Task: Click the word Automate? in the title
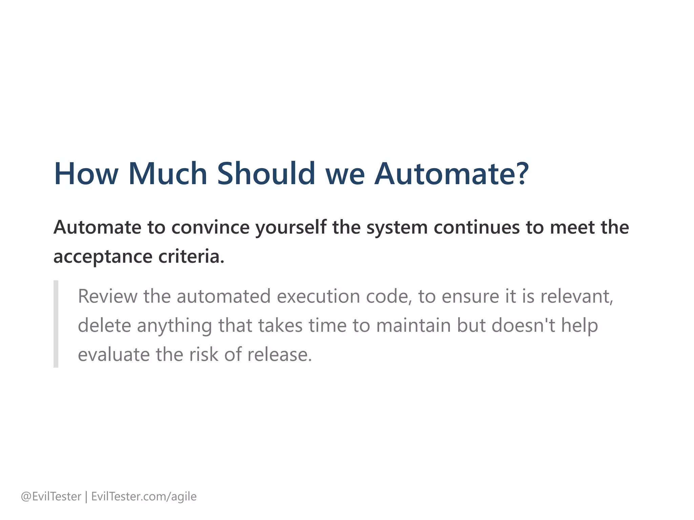click(451, 174)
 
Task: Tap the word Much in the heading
click(168, 174)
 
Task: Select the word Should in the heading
click(266, 174)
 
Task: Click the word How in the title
click(86, 174)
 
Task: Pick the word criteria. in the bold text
click(191, 256)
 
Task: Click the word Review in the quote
click(107, 296)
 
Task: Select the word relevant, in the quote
click(576, 296)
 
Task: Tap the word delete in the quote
click(104, 325)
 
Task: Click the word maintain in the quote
click(413, 325)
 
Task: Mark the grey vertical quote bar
click(56, 324)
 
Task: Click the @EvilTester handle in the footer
click(51, 497)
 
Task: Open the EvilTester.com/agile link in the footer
click(144, 497)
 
